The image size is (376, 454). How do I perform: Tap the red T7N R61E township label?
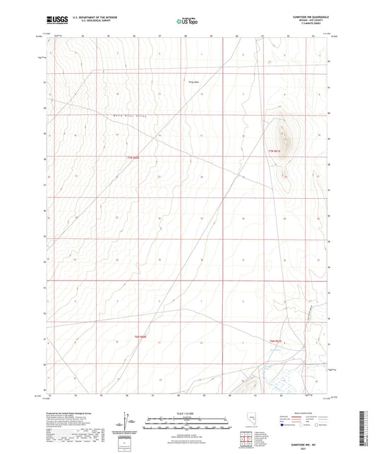[x=133, y=157]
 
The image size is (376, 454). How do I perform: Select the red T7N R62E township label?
[x=276, y=152]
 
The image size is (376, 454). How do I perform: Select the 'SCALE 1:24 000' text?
[x=189, y=411]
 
